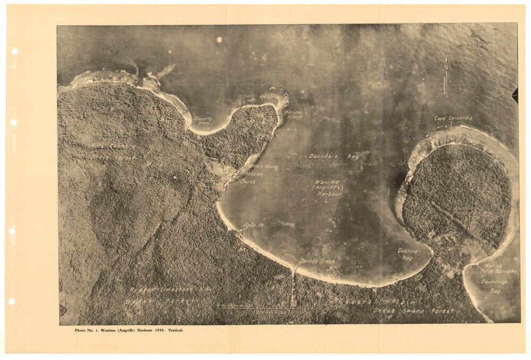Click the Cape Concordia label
453,118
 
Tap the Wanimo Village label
294,114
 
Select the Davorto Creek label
202,121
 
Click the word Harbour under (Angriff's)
329,194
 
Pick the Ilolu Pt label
253,225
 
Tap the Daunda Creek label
317,261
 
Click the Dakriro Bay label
407,254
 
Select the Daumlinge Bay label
491,286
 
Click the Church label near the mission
247,182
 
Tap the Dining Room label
207,177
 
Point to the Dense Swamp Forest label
414,310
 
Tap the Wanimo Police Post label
467,211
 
